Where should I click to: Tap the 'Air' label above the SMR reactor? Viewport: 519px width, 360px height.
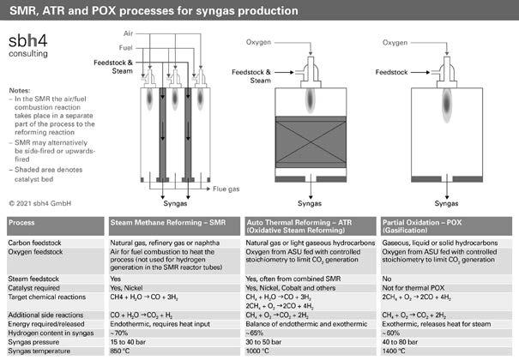pyautogui.click(x=127, y=32)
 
